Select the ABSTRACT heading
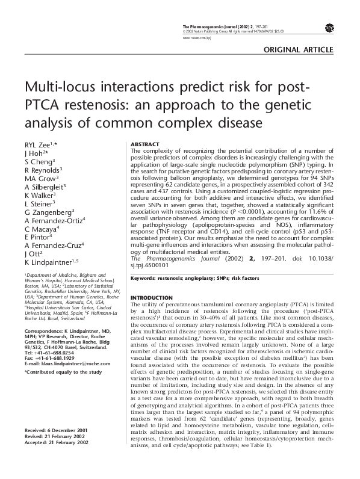144,144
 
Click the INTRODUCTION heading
151,298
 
